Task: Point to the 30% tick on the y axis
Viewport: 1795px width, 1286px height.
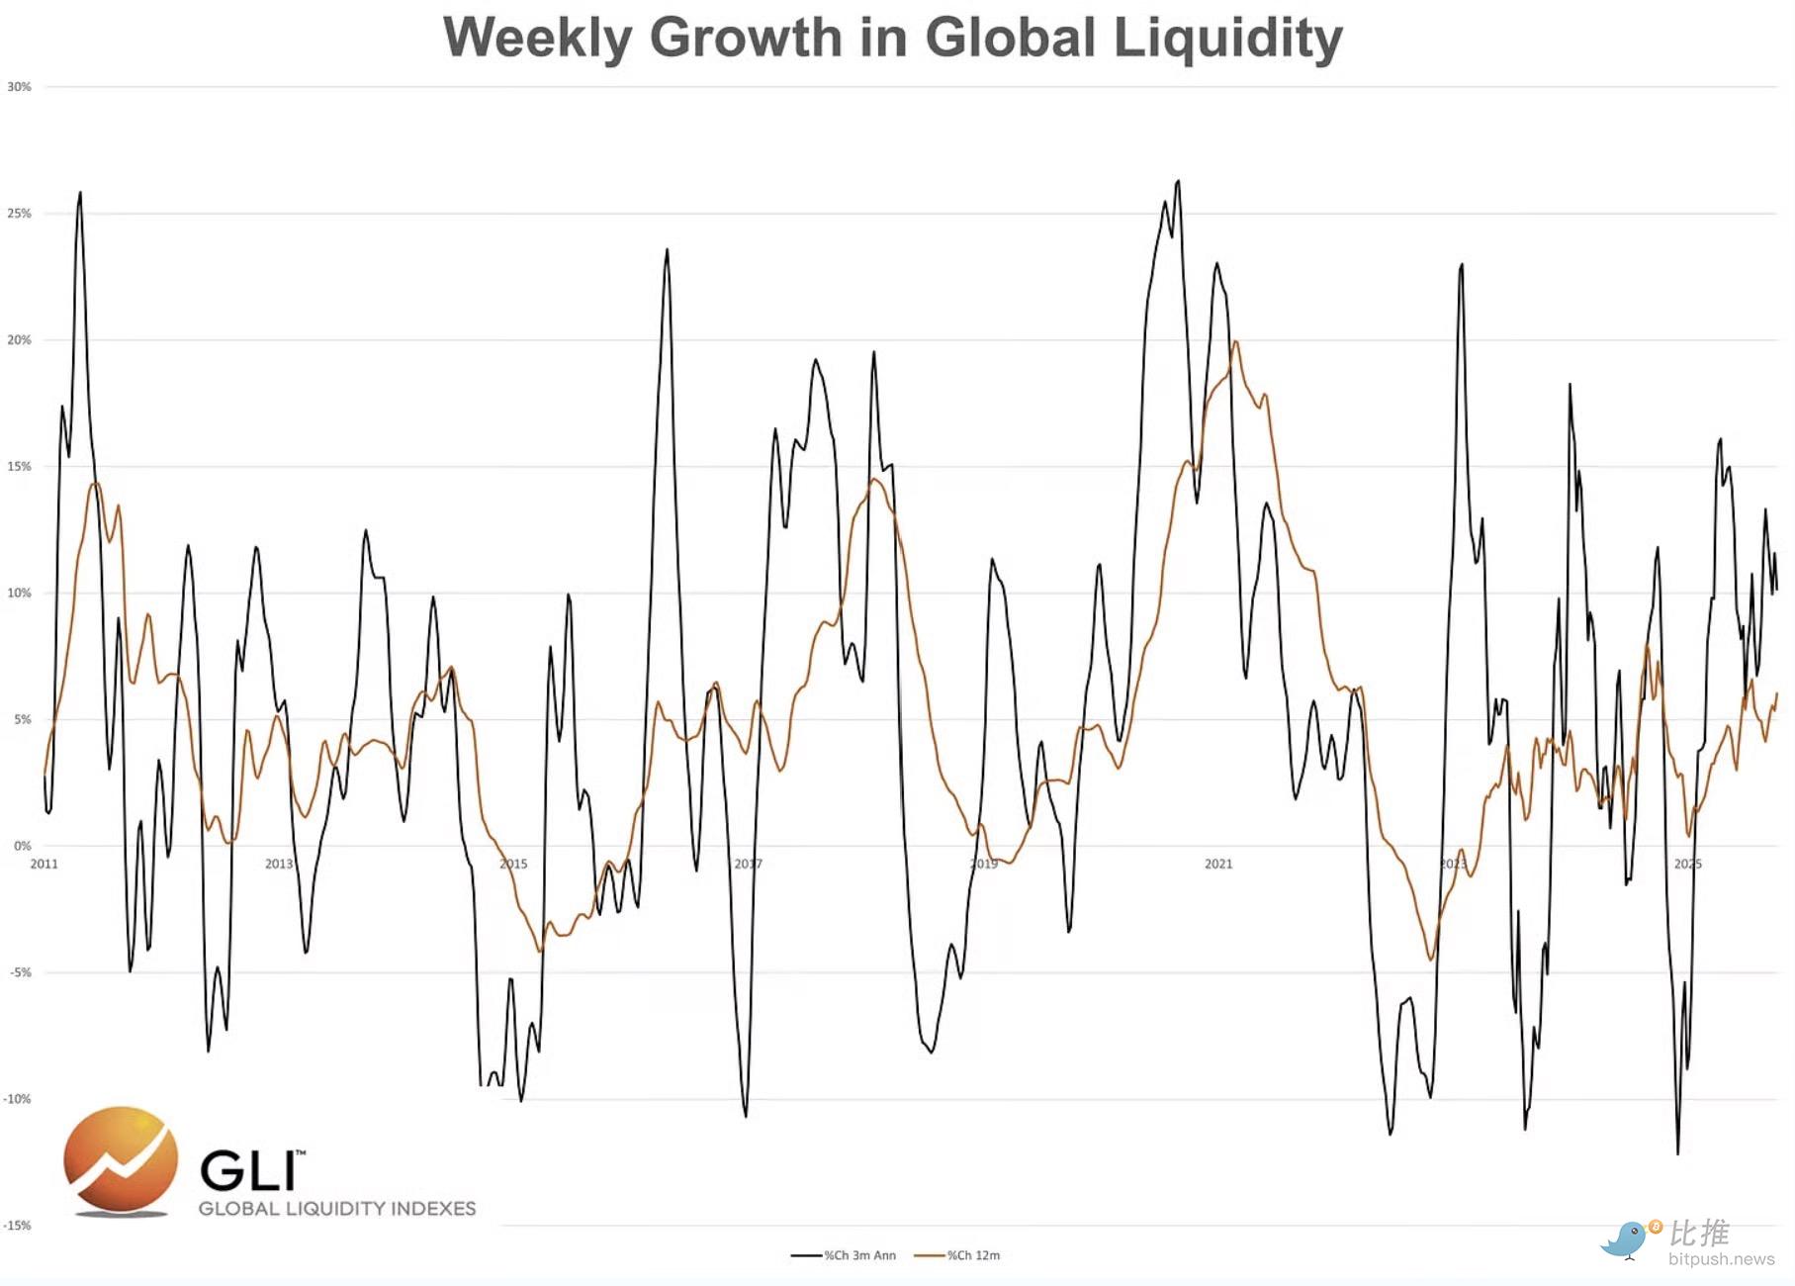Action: point(19,87)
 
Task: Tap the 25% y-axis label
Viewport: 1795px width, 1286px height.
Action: point(19,214)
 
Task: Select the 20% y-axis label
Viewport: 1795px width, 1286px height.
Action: point(19,340)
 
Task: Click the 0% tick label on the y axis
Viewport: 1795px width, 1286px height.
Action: point(22,846)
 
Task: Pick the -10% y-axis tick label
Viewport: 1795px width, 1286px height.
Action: point(17,1099)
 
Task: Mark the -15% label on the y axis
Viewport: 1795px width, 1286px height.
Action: point(17,1226)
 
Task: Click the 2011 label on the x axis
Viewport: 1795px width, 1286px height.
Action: point(45,864)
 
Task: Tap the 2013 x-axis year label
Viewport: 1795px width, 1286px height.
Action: point(279,864)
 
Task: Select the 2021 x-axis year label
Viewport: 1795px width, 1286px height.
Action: point(1218,864)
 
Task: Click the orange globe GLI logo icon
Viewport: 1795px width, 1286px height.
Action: point(121,1160)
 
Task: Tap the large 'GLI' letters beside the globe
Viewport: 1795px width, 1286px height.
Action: point(249,1171)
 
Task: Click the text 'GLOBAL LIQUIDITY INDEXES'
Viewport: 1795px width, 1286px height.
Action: point(337,1209)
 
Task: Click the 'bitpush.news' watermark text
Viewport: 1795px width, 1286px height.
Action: point(1721,1259)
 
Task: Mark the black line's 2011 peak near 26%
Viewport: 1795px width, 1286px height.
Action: point(80,193)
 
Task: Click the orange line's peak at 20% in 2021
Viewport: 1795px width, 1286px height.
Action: point(1236,342)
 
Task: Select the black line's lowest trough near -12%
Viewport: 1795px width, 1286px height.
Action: point(1677,1153)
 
